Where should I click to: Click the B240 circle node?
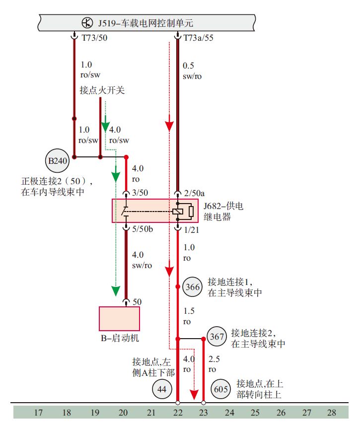coord(57,161)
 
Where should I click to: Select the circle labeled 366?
coord(192,287)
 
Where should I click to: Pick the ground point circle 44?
coord(161,390)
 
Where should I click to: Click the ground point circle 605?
coord(221,390)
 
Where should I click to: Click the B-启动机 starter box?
coord(119,318)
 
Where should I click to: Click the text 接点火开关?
coord(102,91)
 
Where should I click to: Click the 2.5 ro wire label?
coord(214,364)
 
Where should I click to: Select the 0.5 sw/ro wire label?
coord(193,71)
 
